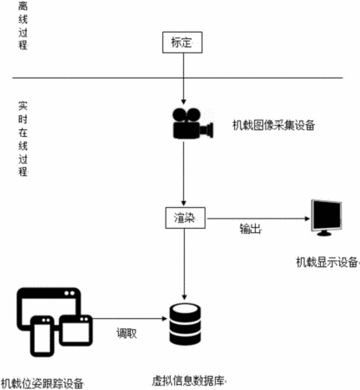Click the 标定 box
182,42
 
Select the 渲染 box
186,218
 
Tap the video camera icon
193,124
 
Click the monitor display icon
326,218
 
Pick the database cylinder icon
185,324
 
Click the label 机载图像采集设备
273,125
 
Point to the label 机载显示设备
327,262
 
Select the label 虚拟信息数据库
188,380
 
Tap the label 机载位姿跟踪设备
43,384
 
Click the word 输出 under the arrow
250,229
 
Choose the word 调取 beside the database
127,333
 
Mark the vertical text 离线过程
23,25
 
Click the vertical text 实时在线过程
23,139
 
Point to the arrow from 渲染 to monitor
258,218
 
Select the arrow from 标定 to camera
183,79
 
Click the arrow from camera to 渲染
183,173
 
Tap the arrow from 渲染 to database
185,264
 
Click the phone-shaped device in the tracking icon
43,336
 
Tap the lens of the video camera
207,130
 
